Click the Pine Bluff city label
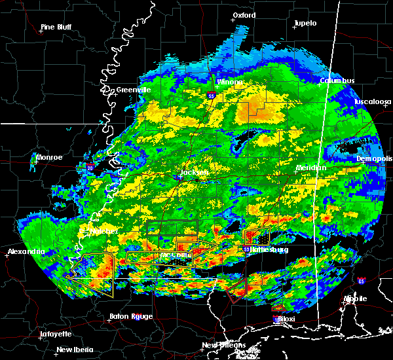56,27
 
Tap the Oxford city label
244,14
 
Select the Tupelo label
305,23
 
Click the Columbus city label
337,81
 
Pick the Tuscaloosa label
373,102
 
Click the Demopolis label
375,158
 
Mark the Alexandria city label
26,251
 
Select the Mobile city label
357,298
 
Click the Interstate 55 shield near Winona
211,96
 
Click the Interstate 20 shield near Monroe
90,168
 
